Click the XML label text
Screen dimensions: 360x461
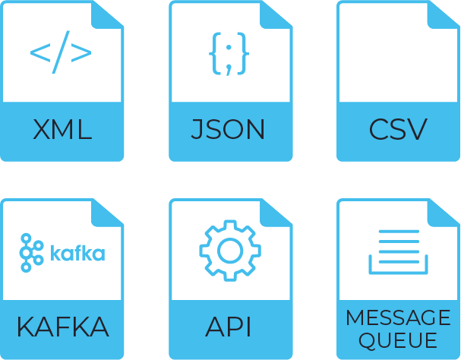tap(62, 130)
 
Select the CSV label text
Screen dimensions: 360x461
tap(398, 130)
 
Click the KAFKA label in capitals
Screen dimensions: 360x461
tap(62, 328)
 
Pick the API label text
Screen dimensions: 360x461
tap(229, 328)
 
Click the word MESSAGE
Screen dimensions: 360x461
tap(398, 317)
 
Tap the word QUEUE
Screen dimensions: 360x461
tap(398, 340)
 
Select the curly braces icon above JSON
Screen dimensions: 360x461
tap(229, 53)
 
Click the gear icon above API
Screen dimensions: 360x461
tap(229, 250)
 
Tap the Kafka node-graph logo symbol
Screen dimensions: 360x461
tap(31, 251)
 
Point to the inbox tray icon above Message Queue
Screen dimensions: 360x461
tap(398, 251)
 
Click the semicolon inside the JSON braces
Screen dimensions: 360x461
tap(229, 55)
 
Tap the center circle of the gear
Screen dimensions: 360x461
tap(229, 250)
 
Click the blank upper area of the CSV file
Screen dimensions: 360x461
tap(387, 57)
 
